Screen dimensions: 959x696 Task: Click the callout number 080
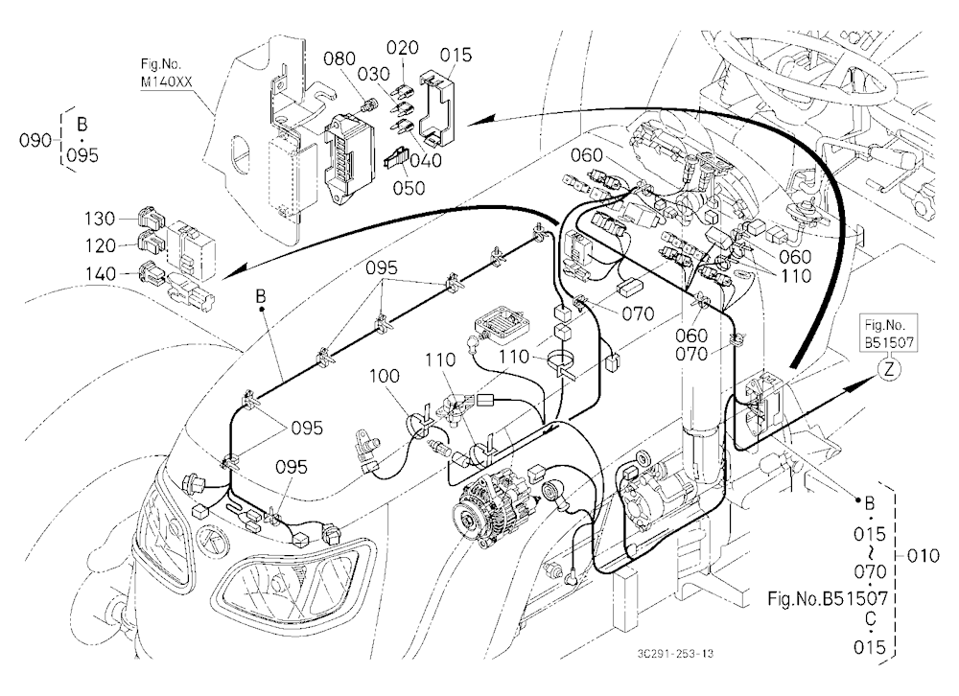click(339, 58)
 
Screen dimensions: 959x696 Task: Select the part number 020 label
click(403, 48)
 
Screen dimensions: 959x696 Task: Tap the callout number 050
click(409, 187)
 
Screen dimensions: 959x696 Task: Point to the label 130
click(100, 219)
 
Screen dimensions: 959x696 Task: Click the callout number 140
click(100, 273)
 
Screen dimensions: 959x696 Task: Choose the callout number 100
click(385, 376)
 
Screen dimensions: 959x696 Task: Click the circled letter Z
click(890, 369)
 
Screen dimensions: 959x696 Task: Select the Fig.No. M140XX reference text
click(161, 73)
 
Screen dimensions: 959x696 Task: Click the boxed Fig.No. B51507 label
click(889, 334)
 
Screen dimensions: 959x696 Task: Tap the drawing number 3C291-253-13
click(674, 653)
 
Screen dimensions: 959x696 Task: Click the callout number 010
click(924, 556)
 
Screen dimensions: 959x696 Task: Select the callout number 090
click(35, 141)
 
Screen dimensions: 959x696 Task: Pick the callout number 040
click(426, 160)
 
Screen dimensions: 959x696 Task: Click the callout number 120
click(100, 245)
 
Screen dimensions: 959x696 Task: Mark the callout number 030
click(374, 74)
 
